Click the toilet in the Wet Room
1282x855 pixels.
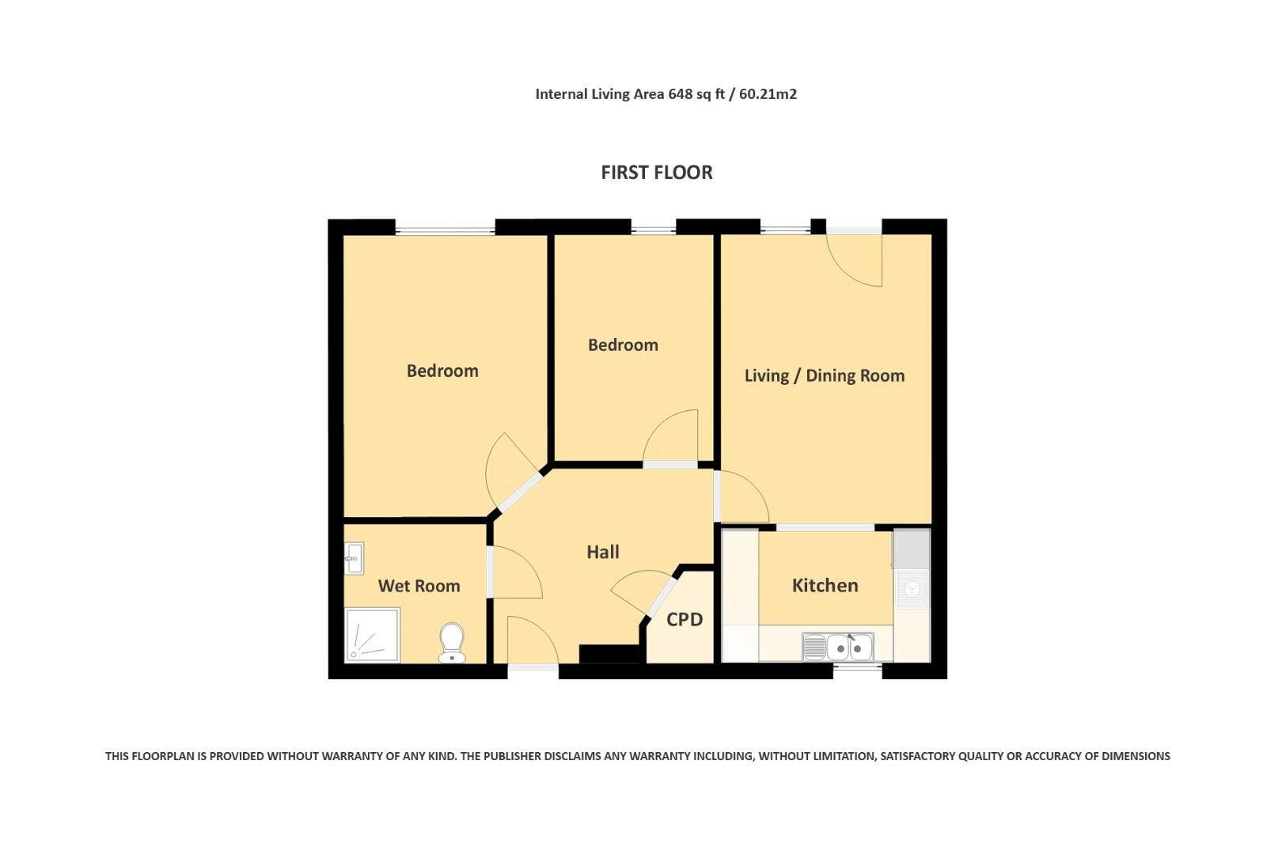tap(452, 641)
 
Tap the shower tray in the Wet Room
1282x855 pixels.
tap(372, 635)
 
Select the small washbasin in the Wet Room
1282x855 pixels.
tap(354, 558)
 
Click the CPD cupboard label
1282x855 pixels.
tap(685, 619)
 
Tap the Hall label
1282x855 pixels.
tap(602, 552)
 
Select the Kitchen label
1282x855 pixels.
tap(825, 585)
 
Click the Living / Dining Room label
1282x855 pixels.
tap(824, 375)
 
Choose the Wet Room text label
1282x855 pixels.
tap(419, 586)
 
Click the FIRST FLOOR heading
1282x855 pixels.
tap(656, 172)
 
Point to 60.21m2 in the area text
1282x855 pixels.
tap(768, 94)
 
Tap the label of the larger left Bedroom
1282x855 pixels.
tap(442, 370)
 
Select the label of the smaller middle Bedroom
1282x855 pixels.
tap(623, 344)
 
